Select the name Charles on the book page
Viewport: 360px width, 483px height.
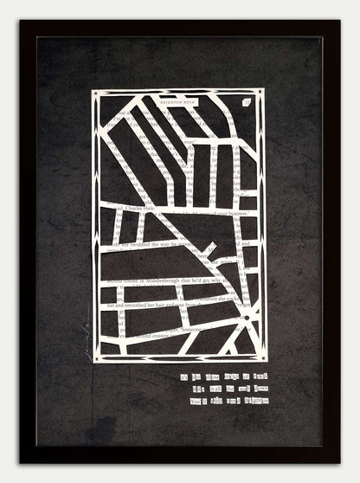click(134, 209)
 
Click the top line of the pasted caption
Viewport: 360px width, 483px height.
click(223, 377)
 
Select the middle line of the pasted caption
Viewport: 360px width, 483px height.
click(224, 389)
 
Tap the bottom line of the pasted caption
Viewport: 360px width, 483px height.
click(224, 400)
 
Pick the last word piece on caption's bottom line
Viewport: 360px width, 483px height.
click(257, 400)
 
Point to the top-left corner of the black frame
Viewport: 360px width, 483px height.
click(21, 21)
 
